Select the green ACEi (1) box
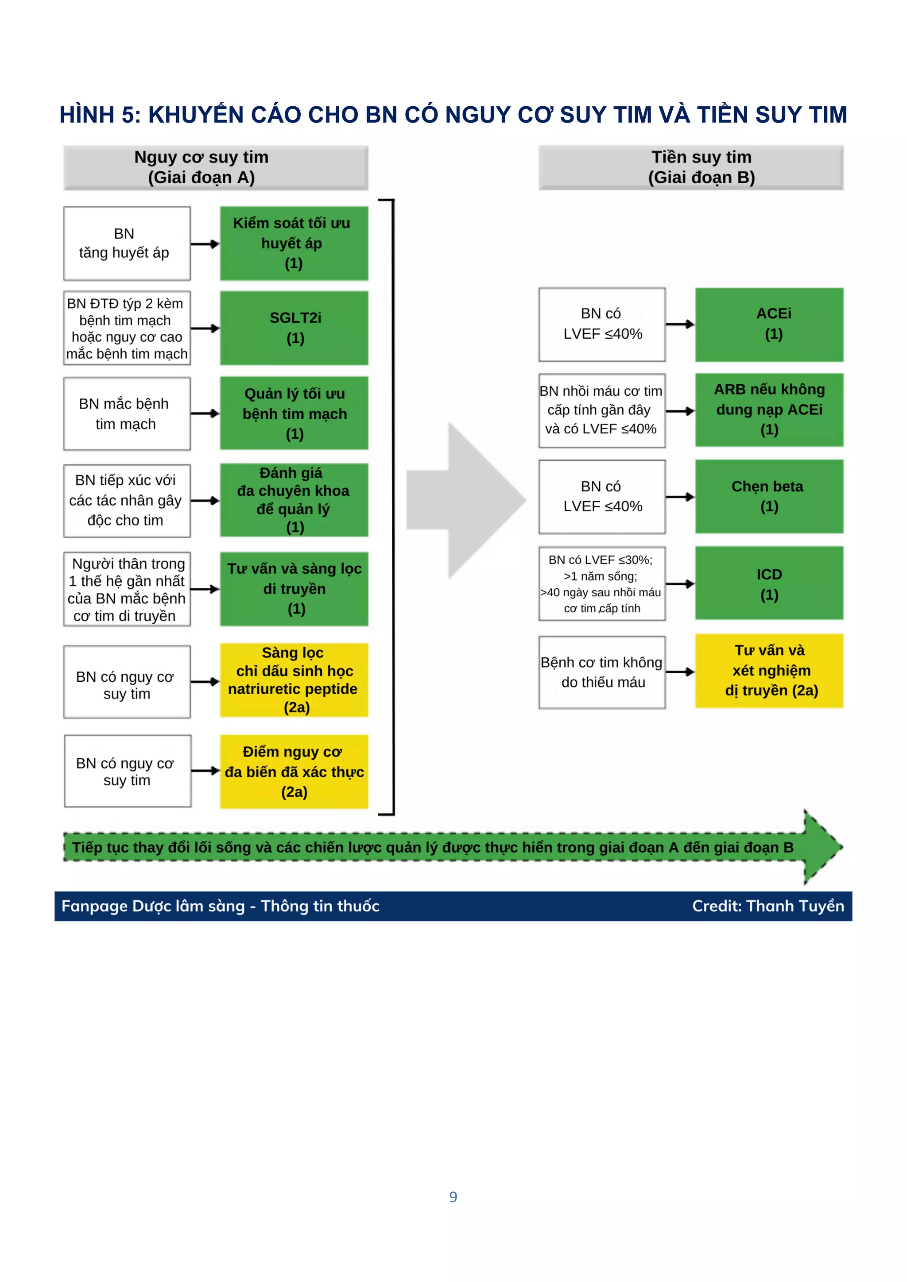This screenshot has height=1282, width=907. [x=769, y=324]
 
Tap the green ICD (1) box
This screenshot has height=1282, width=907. [x=769, y=583]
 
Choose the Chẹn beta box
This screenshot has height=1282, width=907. [x=769, y=496]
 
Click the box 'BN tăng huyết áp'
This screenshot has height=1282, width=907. [x=127, y=243]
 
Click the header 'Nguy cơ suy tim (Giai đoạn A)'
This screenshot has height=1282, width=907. [x=216, y=167]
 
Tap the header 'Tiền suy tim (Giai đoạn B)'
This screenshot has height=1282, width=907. [x=691, y=167]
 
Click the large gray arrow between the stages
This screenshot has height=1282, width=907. [x=466, y=500]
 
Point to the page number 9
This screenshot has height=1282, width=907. [x=453, y=1197]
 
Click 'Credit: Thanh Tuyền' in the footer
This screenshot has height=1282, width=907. [x=768, y=906]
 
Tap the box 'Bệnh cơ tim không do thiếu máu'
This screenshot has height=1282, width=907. [x=601, y=672]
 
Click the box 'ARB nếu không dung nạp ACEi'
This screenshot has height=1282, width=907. [x=769, y=410]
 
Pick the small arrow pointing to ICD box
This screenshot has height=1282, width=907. [x=680, y=584]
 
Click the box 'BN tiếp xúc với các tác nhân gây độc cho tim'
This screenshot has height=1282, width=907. [x=127, y=501]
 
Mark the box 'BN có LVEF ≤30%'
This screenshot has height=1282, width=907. [x=601, y=583]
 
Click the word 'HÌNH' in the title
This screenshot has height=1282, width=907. [x=86, y=115]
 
